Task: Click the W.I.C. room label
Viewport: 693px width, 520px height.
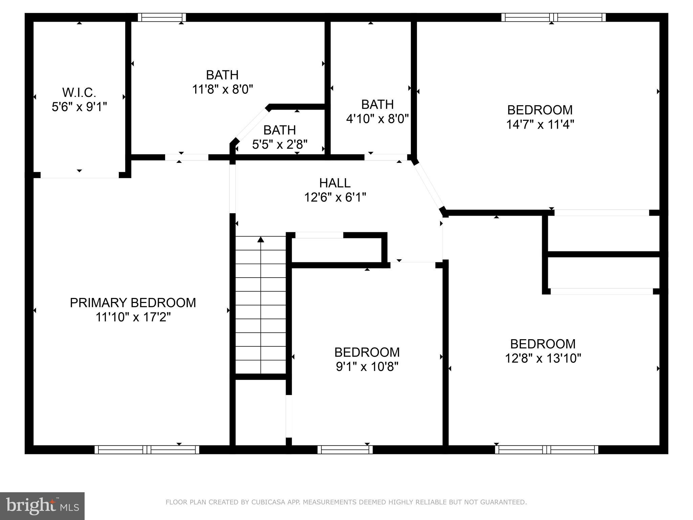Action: click(x=79, y=92)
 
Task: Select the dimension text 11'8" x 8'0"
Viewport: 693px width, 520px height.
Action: click(x=222, y=90)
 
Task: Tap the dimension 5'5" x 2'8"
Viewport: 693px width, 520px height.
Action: click(x=280, y=145)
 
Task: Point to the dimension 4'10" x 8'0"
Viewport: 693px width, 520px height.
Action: click(x=377, y=119)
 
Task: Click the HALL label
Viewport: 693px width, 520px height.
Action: click(x=335, y=183)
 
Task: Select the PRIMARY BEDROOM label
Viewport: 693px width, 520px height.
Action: click(x=133, y=303)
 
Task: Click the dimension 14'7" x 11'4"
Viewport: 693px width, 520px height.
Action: click(x=540, y=125)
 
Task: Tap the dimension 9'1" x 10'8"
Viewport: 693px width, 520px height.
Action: click(x=367, y=367)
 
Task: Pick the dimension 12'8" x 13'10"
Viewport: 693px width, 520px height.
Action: click(x=543, y=358)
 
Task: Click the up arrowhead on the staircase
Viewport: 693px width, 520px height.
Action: click(x=261, y=240)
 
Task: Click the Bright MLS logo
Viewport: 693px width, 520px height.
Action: click(x=42, y=506)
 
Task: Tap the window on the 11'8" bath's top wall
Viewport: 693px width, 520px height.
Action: click(x=162, y=17)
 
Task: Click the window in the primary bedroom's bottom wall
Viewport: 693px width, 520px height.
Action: click(x=147, y=450)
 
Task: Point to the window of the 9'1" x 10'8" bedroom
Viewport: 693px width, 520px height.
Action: click(x=345, y=450)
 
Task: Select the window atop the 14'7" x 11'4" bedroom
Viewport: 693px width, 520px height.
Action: click(x=553, y=17)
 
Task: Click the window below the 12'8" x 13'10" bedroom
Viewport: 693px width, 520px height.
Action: click(x=546, y=450)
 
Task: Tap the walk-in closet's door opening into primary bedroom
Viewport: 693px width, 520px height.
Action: click(x=79, y=175)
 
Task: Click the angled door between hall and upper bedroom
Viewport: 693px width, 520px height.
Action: click(x=428, y=186)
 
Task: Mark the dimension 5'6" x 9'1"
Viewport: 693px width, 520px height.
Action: click(x=79, y=107)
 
